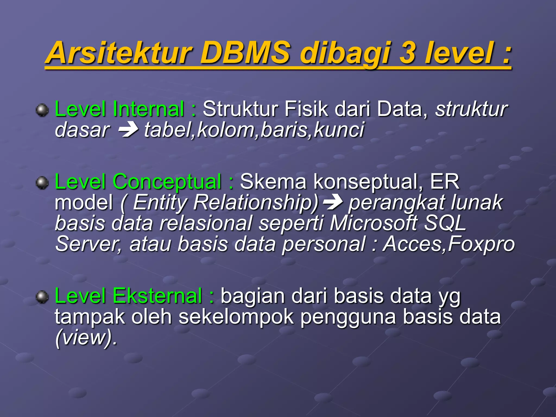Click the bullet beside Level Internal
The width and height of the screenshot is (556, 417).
(42, 110)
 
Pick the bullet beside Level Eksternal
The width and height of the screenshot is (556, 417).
(42, 296)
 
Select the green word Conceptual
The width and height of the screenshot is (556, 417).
(167, 182)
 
